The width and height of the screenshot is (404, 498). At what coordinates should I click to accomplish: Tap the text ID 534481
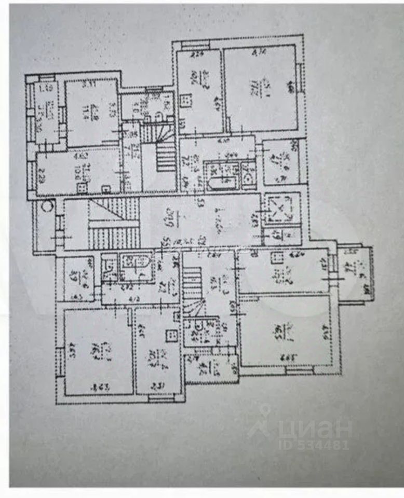(x=314, y=445)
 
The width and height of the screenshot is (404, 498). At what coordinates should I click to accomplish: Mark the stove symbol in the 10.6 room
(x=105, y=189)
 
